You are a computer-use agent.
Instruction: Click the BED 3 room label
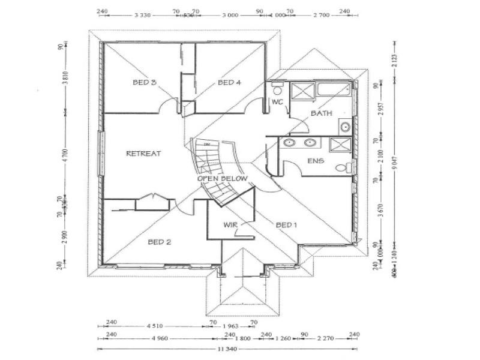pyautogui.click(x=145, y=82)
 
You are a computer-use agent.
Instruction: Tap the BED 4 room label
pyautogui.click(x=229, y=82)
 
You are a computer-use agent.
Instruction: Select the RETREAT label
pyautogui.click(x=143, y=154)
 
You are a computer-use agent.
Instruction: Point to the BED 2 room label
pyautogui.click(x=160, y=242)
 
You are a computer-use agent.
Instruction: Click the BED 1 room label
pyautogui.click(x=286, y=225)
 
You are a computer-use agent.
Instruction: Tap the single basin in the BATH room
pyautogui.click(x=345, y=127)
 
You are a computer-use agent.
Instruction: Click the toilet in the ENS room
pyautogui.click(x=342, y=168)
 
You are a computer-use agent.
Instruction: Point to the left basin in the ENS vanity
pyautogui.click(x=289, y=143)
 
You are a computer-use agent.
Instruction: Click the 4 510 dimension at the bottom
pyautogui.click(x=154, y=327)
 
